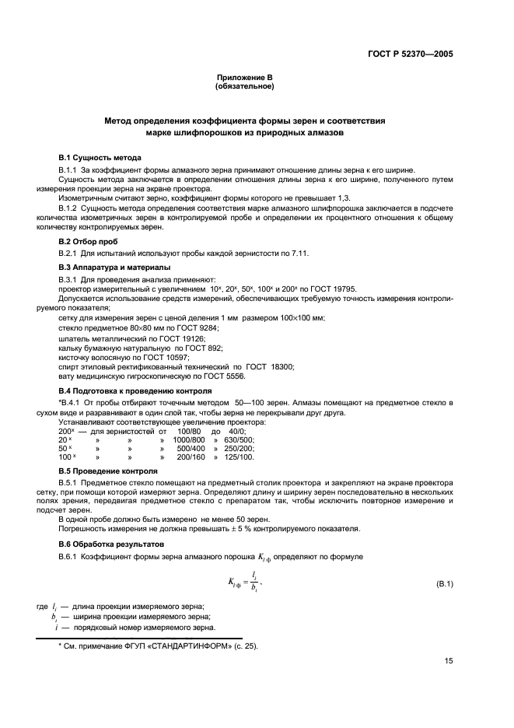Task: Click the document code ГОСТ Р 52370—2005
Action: click(410, 54)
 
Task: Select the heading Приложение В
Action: click(244, 79)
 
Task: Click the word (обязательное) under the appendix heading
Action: click(244, 86)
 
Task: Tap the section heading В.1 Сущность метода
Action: click(100, 158)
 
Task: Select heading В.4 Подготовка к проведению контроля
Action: click(133, 390)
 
